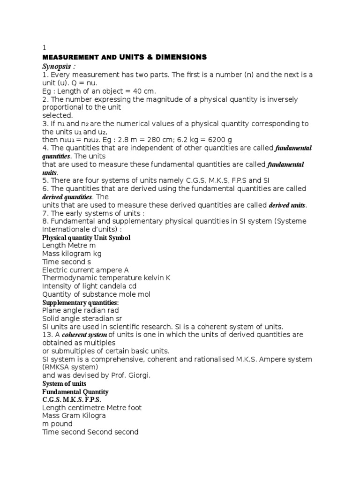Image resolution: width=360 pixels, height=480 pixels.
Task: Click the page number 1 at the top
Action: [44, 48]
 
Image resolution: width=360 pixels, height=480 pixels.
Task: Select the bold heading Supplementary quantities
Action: [80, 302]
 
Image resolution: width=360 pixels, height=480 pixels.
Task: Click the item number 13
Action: [46, 335]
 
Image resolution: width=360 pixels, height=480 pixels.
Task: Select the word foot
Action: [134, 408]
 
